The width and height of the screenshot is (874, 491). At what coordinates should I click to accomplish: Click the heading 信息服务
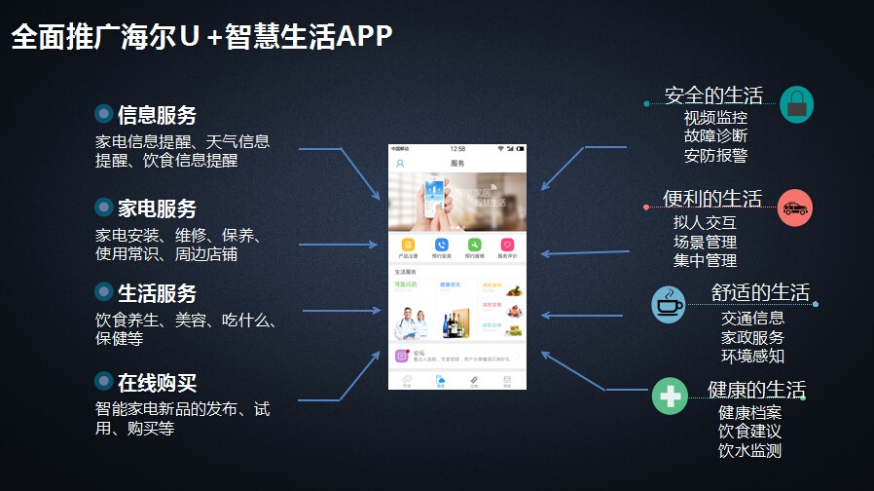click(157, 115)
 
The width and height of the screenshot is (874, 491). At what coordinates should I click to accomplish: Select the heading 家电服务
click(157, 208)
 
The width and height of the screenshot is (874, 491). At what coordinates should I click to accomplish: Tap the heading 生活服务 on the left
click(157, 293)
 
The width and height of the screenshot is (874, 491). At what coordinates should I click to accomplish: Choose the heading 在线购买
click(157, 382)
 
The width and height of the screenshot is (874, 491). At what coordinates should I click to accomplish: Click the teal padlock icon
click(796, 104)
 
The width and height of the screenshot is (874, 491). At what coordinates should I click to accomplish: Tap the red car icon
click(795, 208)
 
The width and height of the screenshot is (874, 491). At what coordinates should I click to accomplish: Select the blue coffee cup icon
click(668, 305)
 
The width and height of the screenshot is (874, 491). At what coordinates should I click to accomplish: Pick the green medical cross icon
click(669, 397)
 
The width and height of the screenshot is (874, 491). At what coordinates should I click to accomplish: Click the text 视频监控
click(715, 118)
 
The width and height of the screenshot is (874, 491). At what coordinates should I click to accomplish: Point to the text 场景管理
click(705, 242)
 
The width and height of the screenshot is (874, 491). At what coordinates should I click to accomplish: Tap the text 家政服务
click(752, 337)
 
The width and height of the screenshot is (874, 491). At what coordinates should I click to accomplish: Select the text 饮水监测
click(749, 450)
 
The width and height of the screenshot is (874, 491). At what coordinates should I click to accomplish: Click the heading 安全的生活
click(713, 95)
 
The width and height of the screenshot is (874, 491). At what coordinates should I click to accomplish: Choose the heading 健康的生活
click(756, 391)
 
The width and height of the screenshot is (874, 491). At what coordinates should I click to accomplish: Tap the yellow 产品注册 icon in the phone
click(409, 245)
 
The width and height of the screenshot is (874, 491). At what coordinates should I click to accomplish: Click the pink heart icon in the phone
click(507, 245)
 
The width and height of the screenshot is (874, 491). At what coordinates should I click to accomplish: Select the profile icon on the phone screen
click(400, 164)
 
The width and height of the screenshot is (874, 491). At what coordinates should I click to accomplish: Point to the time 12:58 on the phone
click(457, 149)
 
